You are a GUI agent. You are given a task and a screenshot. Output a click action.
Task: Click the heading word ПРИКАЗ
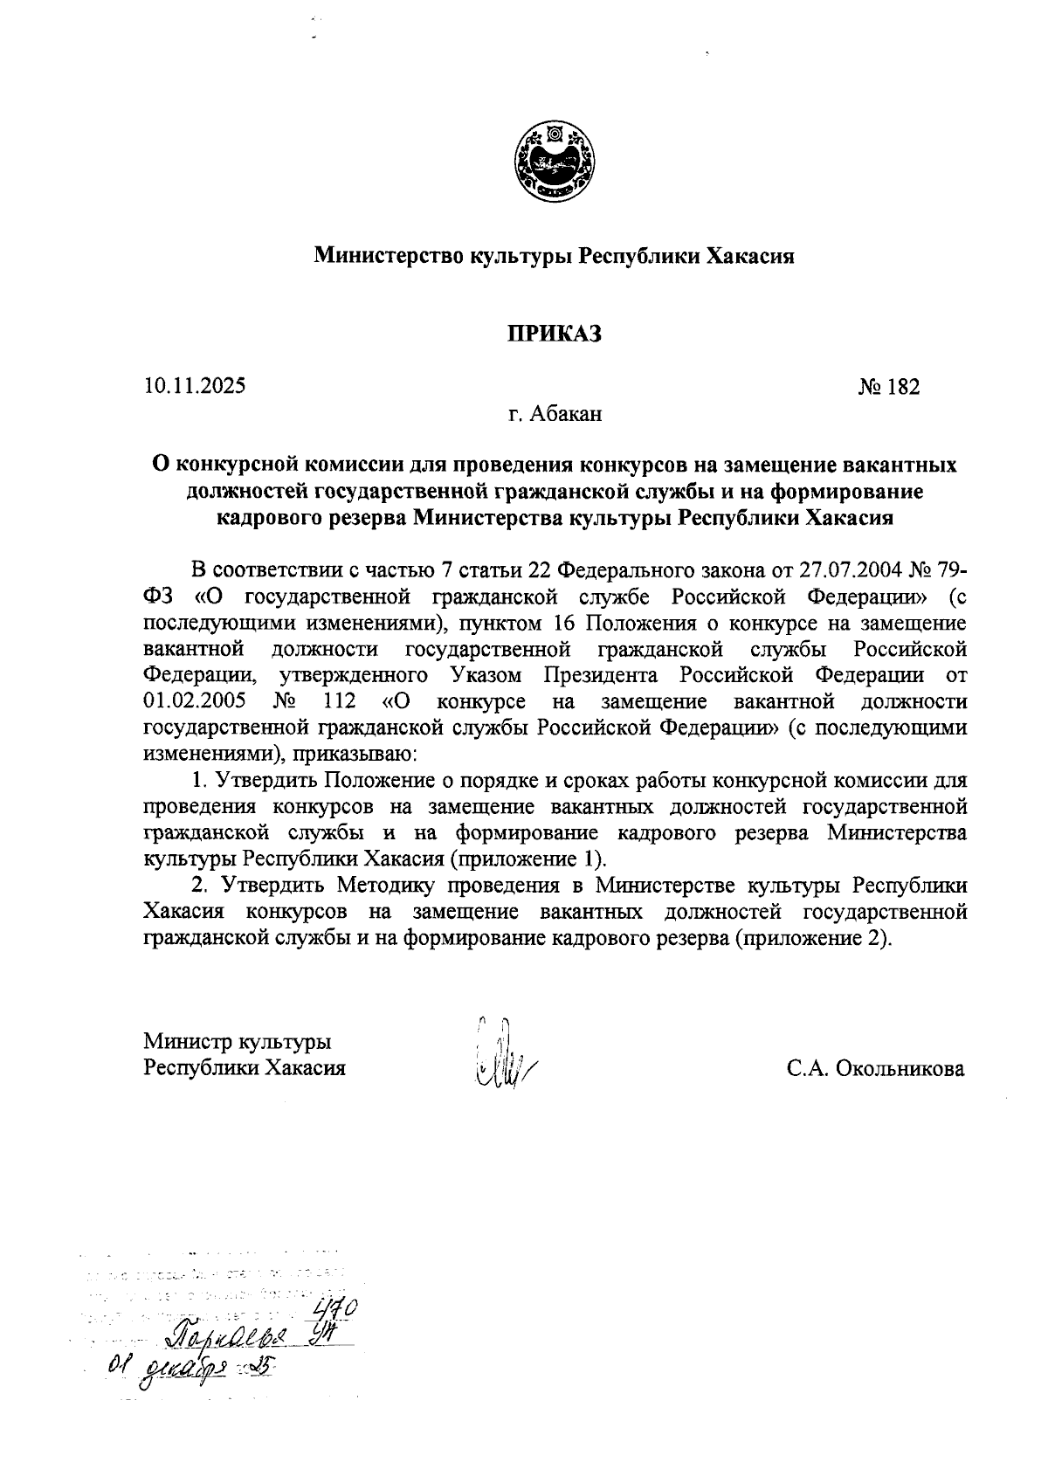click(555, 334)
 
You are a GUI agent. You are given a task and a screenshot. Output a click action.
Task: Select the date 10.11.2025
click(195, 385)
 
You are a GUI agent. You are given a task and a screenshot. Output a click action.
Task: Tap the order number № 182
click(889, 387)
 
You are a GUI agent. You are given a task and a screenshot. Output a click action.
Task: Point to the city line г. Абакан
click(555, 414)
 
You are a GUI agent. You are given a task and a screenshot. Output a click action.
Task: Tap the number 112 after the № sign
click(341, 701)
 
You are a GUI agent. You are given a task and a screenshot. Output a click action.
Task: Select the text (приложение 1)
click(527, 858)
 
